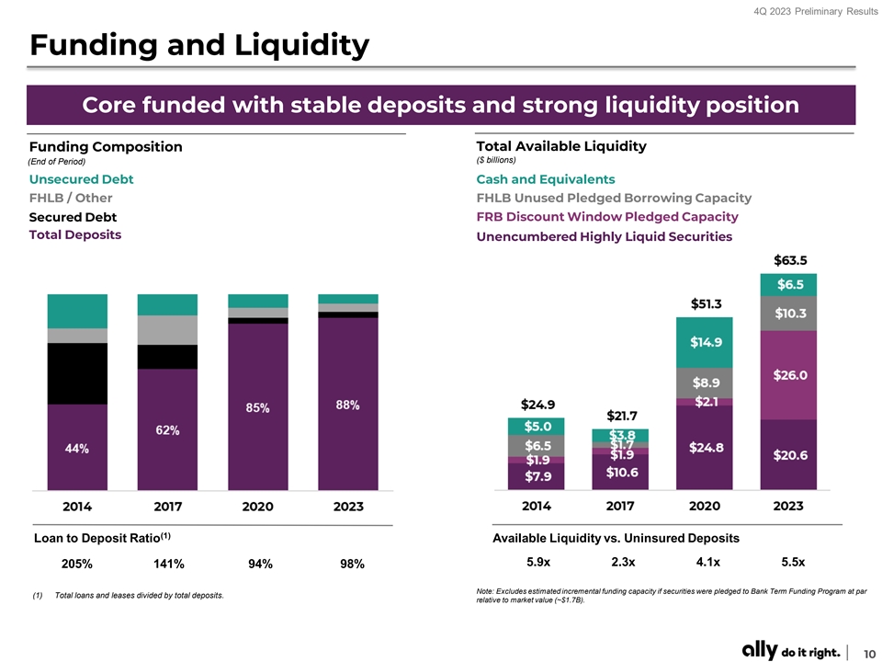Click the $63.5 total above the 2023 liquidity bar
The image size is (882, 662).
788,260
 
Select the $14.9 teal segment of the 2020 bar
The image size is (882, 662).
705,342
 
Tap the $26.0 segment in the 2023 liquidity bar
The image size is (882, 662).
788,375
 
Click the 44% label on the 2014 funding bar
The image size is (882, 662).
77,448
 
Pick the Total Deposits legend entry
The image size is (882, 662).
74,234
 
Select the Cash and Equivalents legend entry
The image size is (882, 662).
546,178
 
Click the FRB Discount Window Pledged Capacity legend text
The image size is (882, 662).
607,216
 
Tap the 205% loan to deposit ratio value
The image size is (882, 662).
76,565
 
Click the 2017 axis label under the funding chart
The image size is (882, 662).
166,507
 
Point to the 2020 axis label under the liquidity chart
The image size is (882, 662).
705,506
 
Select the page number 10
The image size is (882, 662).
866,652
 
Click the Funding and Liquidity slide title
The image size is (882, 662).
199,43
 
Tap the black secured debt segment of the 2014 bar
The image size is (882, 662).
77,373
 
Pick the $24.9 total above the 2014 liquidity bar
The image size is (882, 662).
537,405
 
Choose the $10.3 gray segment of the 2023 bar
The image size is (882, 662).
788,314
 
